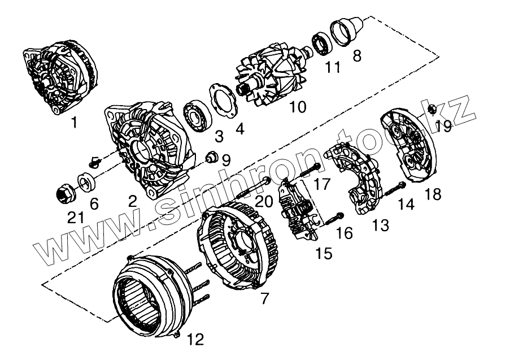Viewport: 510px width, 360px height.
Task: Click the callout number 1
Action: pyautogui.click(x=75, y=122)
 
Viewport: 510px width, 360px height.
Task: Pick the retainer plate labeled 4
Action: pyautogui.click(x=223, y=101)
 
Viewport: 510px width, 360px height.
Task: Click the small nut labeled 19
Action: pyautogui.click(x=431, y=109)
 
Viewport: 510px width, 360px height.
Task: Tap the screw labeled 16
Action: pyautogui.click(x=334, y=217)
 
